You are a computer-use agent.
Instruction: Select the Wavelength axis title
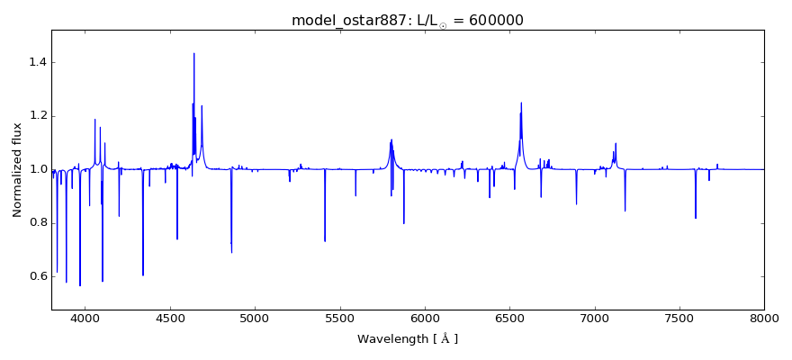coord(408,339)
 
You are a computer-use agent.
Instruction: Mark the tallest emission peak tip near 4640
coord(193,53)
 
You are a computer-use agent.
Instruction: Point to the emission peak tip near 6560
coord(521,103)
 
